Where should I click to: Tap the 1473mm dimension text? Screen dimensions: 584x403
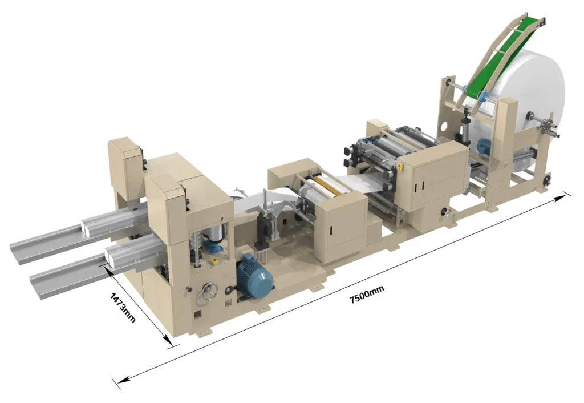(123, 308)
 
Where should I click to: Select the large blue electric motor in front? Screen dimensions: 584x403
(254, 275)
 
